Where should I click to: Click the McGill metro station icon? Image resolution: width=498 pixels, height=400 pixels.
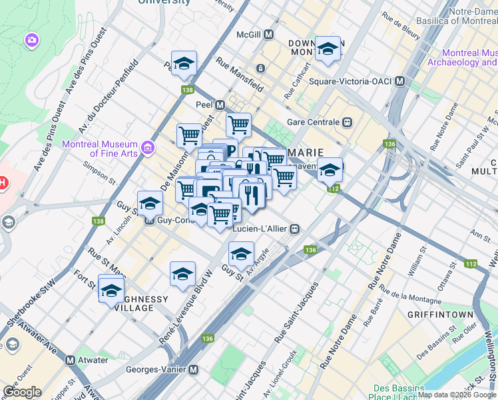(x=269, y=34)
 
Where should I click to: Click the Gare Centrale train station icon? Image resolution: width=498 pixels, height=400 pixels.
(x=347, y=122)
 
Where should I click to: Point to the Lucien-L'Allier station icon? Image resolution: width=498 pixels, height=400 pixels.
(x=294, y=229)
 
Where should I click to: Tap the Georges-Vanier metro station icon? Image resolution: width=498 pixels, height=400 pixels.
(x=194, y=369)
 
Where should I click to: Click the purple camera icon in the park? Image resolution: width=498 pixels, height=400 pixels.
(x=31, y=41)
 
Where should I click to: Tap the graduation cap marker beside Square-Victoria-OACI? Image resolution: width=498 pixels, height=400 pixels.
(x=328, y=49)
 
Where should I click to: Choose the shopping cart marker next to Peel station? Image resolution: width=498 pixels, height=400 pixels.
(x=238, y=124)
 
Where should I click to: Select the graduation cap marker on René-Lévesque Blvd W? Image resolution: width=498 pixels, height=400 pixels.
(x=182, y=273)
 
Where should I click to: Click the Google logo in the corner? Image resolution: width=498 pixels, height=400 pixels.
(x=21, y=392)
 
